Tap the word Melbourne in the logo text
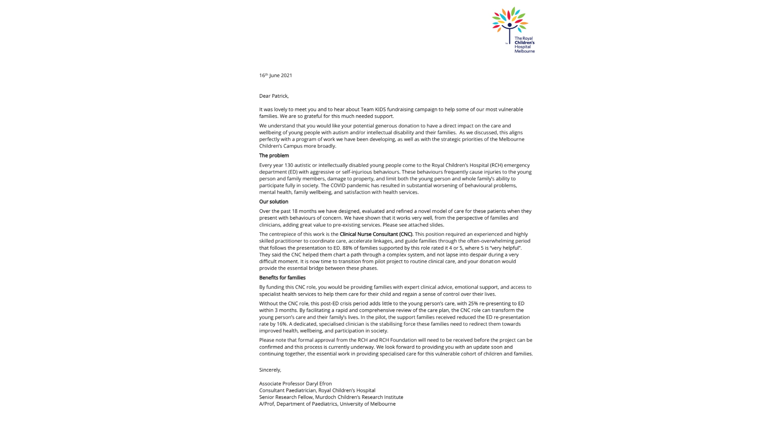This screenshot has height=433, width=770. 524,51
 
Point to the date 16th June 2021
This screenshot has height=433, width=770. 275,75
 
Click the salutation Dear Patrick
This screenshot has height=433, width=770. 273,96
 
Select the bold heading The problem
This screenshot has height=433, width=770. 274,156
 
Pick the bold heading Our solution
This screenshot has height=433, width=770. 273,202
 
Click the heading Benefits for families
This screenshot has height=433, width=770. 282,278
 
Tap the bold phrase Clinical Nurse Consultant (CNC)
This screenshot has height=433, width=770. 376,234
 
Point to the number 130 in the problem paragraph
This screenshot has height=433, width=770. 289,165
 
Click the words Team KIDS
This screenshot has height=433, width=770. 373,109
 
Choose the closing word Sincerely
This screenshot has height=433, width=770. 270,370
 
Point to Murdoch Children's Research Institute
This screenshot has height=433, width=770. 359,397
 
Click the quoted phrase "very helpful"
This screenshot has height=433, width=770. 506,248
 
